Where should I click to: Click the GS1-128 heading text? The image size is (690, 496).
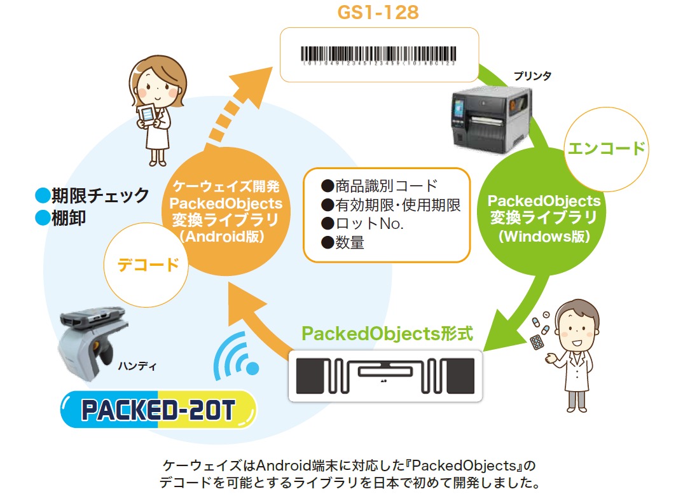(x=379, y=12)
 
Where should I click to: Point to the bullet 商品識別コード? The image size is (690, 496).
(x=380, y=186)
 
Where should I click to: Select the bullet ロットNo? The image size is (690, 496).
(x=362, y=224)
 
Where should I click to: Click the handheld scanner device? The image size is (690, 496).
(x=89, y=343)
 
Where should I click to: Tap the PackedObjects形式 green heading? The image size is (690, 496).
(x=388, y=334)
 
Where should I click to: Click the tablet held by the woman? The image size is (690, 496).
(x=148, y=116)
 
